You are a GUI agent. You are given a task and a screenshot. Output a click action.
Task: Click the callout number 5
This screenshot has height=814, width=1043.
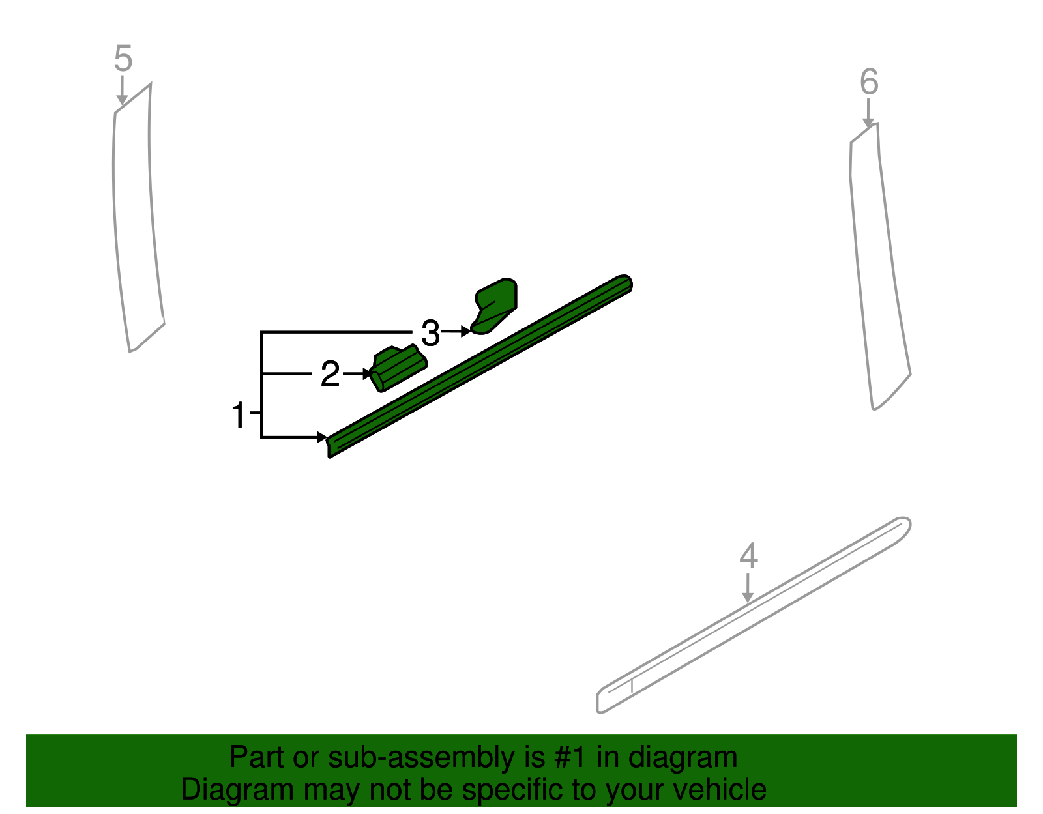123,59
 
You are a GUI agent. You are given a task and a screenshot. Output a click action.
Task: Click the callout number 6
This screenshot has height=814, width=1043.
869,83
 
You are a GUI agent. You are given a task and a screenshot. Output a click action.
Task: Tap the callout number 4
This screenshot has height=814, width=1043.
749,557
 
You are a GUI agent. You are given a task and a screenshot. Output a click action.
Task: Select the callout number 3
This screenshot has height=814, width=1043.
430,334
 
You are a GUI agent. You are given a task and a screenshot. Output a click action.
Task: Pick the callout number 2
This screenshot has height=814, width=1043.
331,375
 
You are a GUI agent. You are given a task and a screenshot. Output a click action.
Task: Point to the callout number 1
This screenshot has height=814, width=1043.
239,415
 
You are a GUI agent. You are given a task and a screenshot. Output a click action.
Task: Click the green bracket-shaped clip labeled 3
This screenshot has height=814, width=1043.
497,304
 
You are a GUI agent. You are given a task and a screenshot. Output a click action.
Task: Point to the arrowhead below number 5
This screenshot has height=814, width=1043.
122,100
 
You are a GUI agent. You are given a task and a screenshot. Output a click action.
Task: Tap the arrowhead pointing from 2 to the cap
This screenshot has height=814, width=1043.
367,374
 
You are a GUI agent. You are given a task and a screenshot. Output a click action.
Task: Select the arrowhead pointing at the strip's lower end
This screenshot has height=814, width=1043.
322,437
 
